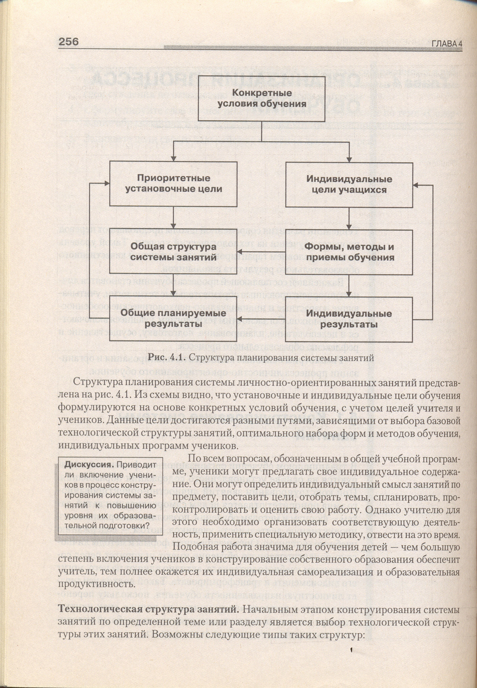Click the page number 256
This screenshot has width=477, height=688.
[69, 41]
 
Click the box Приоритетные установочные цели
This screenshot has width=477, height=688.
[173, 183]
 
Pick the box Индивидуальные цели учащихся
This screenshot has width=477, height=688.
[349, 184]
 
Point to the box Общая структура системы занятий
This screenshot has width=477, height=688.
[173, 252]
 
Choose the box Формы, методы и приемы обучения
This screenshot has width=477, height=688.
[349, 252]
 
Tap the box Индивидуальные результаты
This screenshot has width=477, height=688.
[349, 319]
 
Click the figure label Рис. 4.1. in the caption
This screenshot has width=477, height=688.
[167, 358]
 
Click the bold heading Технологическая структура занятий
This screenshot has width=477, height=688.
[148, 609]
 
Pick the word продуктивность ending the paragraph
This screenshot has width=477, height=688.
[95, 584]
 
